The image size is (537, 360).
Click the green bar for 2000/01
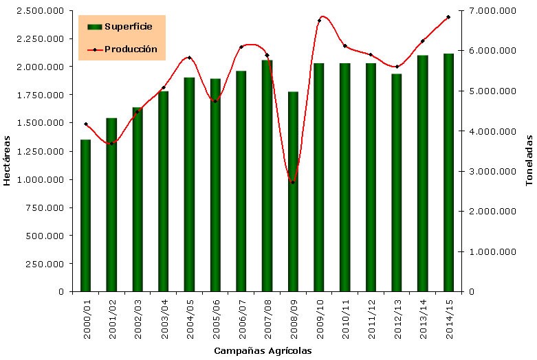click(86, 215)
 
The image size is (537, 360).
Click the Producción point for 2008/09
click(293, 182)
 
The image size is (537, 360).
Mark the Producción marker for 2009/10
click(319, 21)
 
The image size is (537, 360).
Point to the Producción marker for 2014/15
click(448, 17)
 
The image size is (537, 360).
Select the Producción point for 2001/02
click(111, 143)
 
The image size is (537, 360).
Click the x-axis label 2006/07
click(241, 317)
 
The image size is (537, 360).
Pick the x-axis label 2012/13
click(397, 317)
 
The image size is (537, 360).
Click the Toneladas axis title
click(529, 160)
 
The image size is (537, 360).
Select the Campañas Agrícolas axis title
click(262, 351)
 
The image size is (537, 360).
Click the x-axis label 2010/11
click(345, 317)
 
